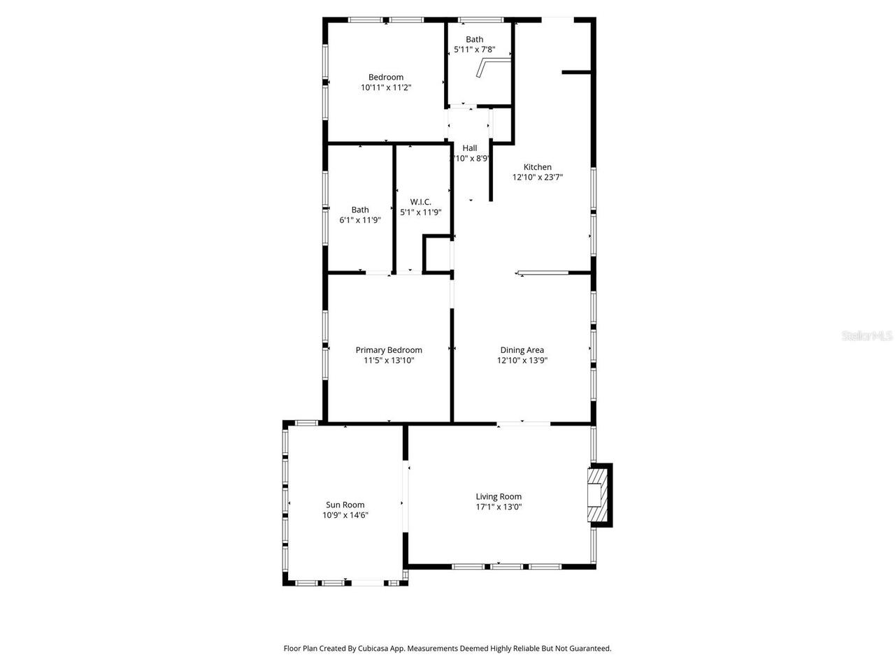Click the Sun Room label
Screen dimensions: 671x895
345,505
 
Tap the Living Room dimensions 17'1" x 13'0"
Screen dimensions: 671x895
499,507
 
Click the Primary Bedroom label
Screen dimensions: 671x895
389,350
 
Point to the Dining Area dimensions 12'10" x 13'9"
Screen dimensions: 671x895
522,361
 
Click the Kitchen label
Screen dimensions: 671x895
538,167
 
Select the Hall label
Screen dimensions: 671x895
470,148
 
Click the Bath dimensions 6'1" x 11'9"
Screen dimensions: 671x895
360,220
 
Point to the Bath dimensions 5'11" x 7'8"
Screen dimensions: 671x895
474,50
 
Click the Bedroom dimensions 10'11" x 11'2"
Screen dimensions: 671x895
386,88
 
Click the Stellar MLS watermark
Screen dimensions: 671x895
867,336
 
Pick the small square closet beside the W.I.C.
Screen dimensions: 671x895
438,253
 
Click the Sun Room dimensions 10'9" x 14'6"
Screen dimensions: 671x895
345,515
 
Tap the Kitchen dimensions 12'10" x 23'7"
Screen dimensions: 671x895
538,178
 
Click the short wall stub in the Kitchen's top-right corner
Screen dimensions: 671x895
577,71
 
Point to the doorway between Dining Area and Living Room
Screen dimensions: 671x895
523,423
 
